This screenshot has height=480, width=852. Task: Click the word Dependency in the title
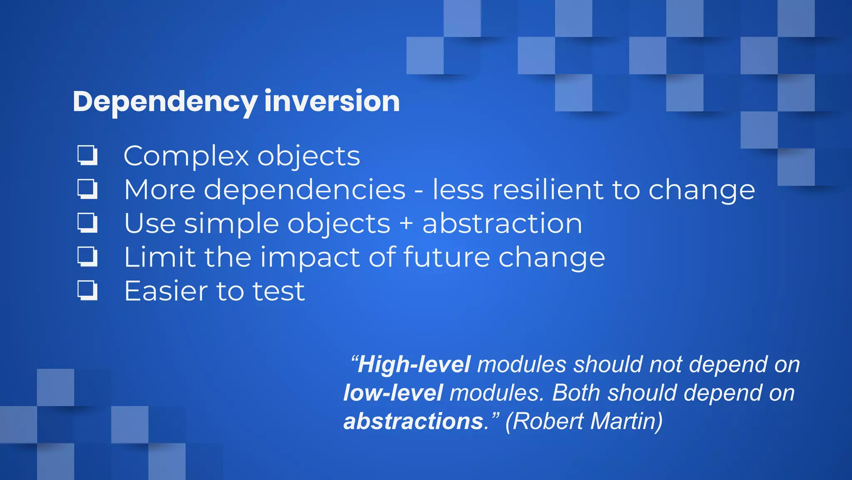pyautogui.click(x=165, y=102)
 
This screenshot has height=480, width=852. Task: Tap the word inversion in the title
pyautogui.click(x=332, y=101)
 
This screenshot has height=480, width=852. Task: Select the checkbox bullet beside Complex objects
pyautogui.click(x=87, y=155)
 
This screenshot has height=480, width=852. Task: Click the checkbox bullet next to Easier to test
pyautogui.click(x=87, y=290)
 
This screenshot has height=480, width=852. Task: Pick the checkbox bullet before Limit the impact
pyautogui.click(x=87, y=256)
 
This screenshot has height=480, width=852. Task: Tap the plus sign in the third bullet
pyautogui.click(x=406, y=224)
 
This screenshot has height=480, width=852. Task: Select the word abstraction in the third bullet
pyautogui.click(x=502, y=223)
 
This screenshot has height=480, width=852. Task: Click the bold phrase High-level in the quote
pyautogui.click(x=414, y=364)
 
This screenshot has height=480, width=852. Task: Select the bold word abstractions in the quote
pyautogui.click(x=414, y=421)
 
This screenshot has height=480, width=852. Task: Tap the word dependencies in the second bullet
pyautogui.click(x=304, y=190)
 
